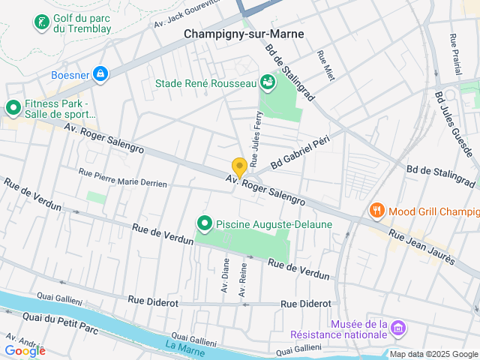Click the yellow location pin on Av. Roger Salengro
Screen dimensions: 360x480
[239, 167]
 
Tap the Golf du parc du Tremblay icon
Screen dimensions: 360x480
[41, 22]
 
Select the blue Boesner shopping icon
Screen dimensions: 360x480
[100, 74]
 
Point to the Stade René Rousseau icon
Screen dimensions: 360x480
[267, 82]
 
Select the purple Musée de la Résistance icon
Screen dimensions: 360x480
[398, 328]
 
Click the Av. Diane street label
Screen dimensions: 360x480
[224, 275]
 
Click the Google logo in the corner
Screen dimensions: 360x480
[25, 350]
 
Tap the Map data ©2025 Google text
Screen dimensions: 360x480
[433, 354]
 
